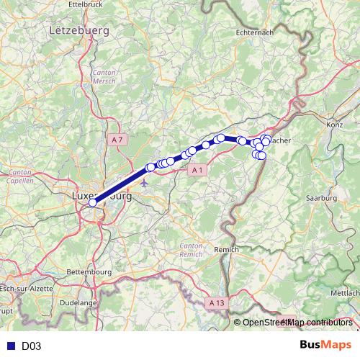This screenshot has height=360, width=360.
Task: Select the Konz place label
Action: coord(335,125)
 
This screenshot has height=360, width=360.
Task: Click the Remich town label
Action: coord(227,249)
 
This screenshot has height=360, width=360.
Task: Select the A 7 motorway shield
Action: coord(119,138)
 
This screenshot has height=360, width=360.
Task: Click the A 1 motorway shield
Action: coord(198,170)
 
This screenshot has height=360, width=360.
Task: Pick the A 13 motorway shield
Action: coord(217,303)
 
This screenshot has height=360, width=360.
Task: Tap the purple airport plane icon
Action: coord(146,181)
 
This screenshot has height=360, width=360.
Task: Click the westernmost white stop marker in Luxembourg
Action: coord(92,202)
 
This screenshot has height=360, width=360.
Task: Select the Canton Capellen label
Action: coord(21,176)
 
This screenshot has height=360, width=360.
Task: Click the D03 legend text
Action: coord(31,346)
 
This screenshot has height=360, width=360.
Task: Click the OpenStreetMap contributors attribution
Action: coord(297,323)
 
